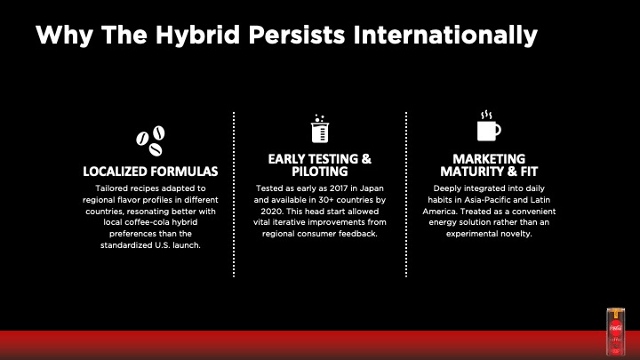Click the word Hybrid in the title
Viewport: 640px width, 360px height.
pyautogui.click(x=197, y=35)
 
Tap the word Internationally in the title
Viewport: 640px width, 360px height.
pyautogui.click(x=445, y=35)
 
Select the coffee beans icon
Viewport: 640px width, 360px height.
pyautogui.click(x=150, y=140)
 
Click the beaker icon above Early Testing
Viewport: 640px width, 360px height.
pyautogui.click(x=320, y=129)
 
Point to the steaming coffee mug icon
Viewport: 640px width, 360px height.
pyautogui.click(x=489, y=126)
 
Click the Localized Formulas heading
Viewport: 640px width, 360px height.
pyautogui.click(x=150, y=172)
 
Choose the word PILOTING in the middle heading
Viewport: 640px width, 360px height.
pyautogui.click(x=320, y=172)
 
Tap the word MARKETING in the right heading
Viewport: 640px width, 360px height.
pyautogui.click(x=489, y=159)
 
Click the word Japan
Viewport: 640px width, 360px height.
pyautogui.click(x=372, y=188)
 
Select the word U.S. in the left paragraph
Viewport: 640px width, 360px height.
pyautogui.click(x=162, y=245)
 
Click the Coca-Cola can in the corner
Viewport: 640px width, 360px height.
pyautogui.click(x=615, y=332)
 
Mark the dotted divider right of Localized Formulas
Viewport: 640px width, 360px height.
pyautogui.click(x=234, y=195)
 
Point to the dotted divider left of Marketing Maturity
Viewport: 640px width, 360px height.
pyautogui.click(x=406, y=195)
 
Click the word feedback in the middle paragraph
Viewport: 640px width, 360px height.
pyautogui.click(x=360, y=234)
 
